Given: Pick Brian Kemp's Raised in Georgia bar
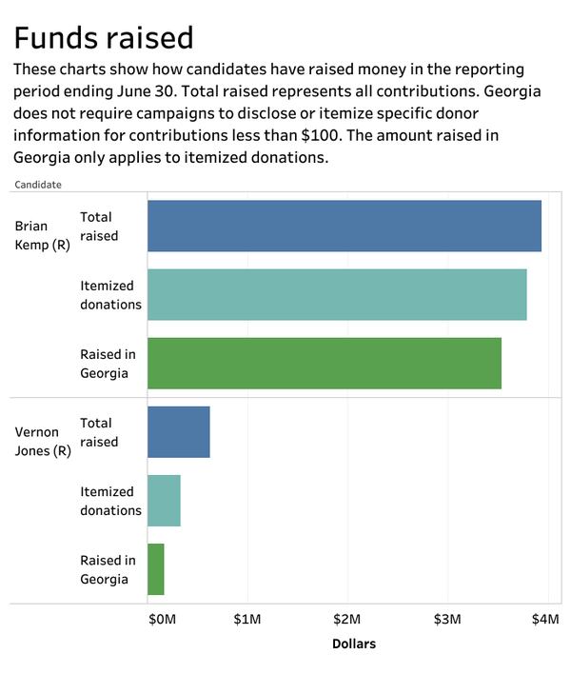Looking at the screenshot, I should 325,363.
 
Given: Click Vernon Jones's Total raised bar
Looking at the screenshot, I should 179,431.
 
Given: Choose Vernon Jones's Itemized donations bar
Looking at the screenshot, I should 164,500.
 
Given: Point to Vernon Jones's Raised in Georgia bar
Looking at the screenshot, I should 156,568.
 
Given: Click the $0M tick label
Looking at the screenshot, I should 162,620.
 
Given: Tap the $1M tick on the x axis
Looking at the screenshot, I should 247,620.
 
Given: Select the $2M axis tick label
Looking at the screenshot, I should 347,620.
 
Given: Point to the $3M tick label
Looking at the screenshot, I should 447,620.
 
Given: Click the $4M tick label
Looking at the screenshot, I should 545,620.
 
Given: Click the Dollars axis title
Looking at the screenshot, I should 354,644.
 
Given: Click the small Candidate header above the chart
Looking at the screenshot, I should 38,185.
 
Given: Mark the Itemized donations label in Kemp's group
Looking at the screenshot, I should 111,294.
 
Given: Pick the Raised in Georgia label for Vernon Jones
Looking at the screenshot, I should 108,569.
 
